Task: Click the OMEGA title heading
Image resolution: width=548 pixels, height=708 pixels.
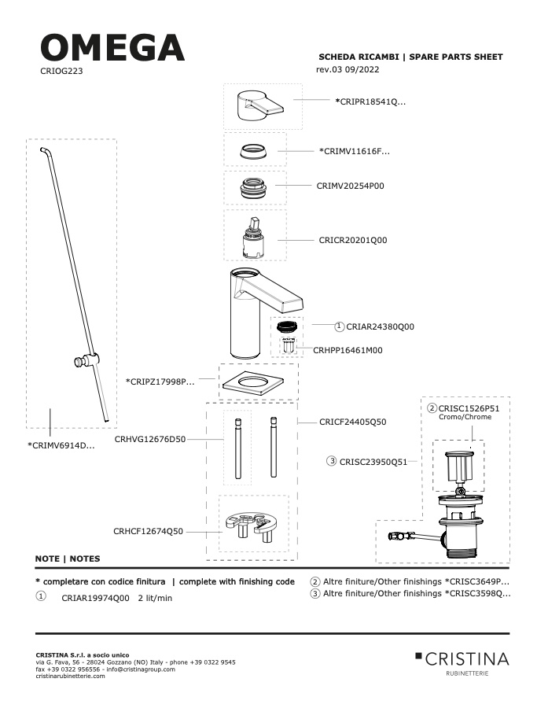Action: (x=112, y=47)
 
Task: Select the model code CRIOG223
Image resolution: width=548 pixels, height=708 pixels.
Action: (x=61, y=71)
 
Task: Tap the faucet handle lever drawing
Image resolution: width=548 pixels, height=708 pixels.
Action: (x=260, y=105)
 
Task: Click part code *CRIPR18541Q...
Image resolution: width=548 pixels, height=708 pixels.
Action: (x=370, y=101)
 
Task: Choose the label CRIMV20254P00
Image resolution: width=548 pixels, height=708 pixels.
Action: (x=351, y=186)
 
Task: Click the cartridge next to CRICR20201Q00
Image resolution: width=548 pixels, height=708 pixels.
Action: (x=255, y=238)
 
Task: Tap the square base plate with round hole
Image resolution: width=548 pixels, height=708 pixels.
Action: (x=253, y=383)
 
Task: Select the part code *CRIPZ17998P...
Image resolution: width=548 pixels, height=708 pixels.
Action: (x=160, y=382)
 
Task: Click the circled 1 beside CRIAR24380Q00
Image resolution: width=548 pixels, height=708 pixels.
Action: (x=340, y=326)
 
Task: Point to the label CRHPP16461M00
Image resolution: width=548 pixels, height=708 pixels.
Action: (x=348, y=350)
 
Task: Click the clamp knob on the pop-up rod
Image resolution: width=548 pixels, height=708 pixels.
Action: (x=86, y=360)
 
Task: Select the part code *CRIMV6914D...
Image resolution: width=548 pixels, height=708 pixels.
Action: (x=61, y=445)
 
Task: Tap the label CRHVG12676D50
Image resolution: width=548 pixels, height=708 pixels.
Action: (x=150, y=439)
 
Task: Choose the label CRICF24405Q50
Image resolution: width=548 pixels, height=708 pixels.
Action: (x=352, y=422)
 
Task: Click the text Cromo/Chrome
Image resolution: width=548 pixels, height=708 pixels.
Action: (x=465, y=417)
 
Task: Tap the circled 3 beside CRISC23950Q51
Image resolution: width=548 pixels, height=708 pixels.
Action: (x=331, y=461)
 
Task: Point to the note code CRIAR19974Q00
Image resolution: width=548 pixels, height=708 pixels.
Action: (x=95, y=598)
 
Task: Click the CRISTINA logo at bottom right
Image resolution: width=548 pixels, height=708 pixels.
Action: (x=462, y=663)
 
